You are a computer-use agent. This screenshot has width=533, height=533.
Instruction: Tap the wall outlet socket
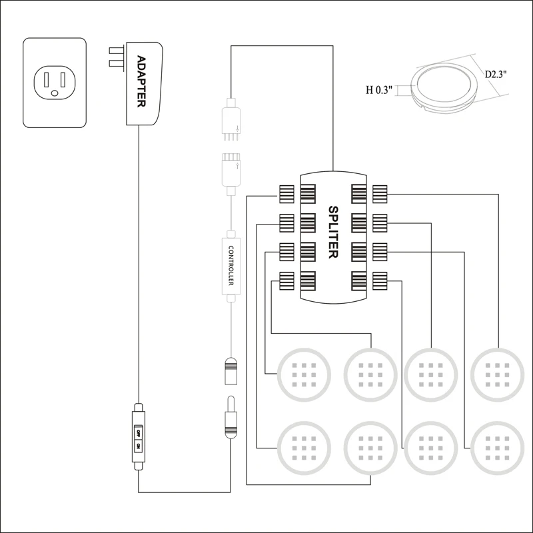pyautogui.click(x=55, y=82)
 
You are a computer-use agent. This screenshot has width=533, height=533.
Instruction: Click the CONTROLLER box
pyautogui.click(x=230, y=266)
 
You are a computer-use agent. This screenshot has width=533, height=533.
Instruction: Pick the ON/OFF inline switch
pyautogui.click(x=139, y=438)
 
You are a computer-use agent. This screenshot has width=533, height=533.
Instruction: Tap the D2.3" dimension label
pyautogui.click(x=496, y=74)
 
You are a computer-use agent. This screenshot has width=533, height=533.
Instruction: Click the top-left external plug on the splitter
pyautogui.click(x=286, y=194)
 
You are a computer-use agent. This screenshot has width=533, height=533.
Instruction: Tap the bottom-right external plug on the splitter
pyautogui.click(x=380, y=281)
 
